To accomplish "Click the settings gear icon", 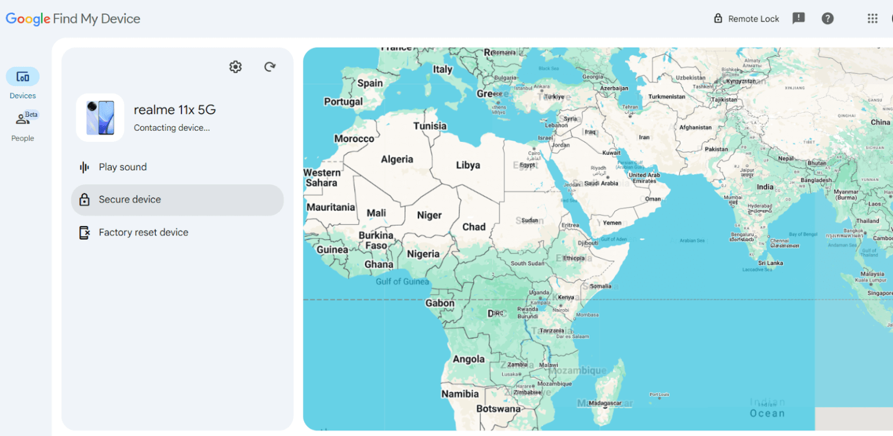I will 235,67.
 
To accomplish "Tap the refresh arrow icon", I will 270,67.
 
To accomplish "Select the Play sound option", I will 123,167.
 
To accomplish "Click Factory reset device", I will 143,233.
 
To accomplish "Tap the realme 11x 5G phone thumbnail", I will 100,117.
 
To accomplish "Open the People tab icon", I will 23,120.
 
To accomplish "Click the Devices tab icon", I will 23,77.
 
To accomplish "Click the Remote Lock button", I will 746,19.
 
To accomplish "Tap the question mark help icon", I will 827,19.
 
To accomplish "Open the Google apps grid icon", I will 872,19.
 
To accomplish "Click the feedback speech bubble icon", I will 799,18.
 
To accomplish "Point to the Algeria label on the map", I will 397,159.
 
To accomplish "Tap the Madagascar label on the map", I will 605,403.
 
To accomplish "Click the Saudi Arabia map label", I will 601,183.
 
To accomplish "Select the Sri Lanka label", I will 770,263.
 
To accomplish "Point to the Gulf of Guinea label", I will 402,282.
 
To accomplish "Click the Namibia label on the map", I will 460,394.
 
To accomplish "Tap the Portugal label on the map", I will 343,102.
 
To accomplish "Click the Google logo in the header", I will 28,19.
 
